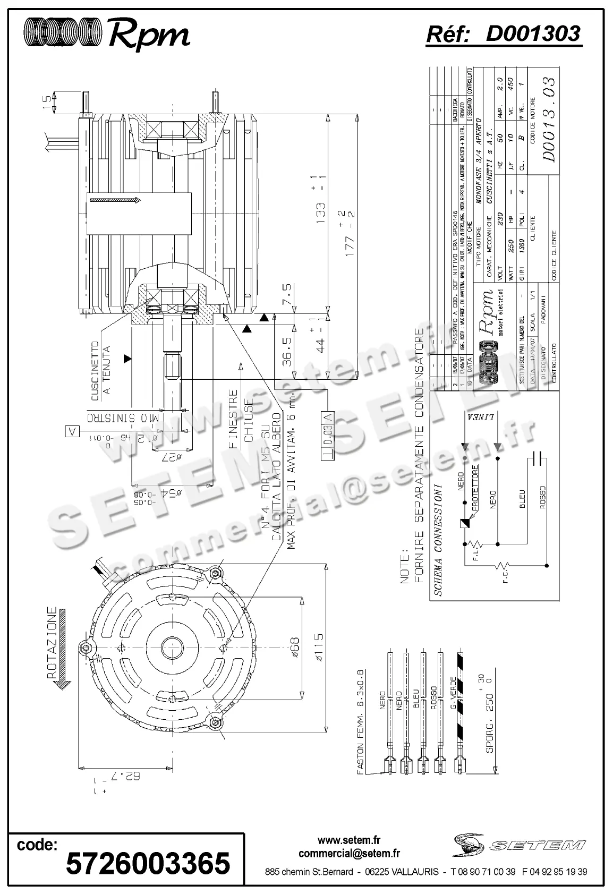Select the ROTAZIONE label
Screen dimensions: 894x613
pyautogui.click(x=52, y=643)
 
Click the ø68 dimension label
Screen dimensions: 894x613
pyautogui.click(x=295, y=648)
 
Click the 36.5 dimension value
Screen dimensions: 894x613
pyautogui.click(x=286, y=351)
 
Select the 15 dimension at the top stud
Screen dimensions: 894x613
pyautogui.click(x=48, y=102)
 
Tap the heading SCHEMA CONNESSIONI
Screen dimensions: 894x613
pyautogui.click(x=438, y=539)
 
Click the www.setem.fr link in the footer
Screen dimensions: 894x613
pyautogui.click(x=349, y=840)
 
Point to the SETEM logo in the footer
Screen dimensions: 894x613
pyautogui.click(x=519, y=845)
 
